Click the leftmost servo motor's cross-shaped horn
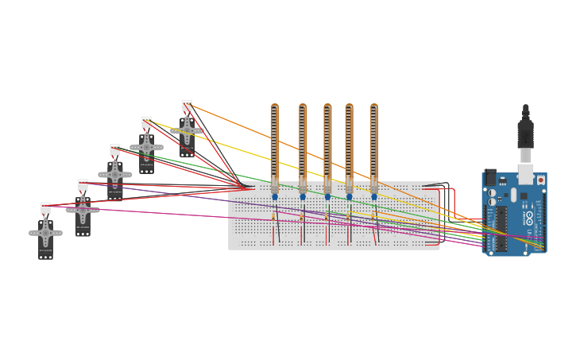click(x=45, y=233)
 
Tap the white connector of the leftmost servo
click(x=45, y=207)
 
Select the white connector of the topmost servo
click(x=187, y=104)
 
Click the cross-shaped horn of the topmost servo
click(x=187, y=130)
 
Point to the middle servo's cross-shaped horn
click(x=115, y=174)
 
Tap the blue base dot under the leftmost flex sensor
click(x=275, y=197)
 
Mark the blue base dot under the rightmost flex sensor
click(x=374, y=197)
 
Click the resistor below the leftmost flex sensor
click(x=273, y=216)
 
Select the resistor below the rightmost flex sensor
click(x=373, y=216)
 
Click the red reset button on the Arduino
click(x=541, y=180)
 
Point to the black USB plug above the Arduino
click(x=525, y=131)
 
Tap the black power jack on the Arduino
click(x=490, y=176)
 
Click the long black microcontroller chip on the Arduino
click(x=502, y=229)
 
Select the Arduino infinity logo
click(x=529, y=216)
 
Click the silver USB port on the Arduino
click(x=525, y=174)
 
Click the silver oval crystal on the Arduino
click(x=513, y=195)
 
